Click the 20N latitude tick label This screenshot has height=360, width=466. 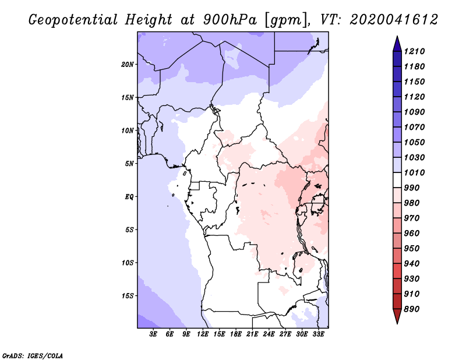pyautogui.click(x=128, y=65)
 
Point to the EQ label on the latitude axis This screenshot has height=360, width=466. pyautogui.click(x=129, y=197)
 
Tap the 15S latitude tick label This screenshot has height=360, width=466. pyautogui.click(x=128, y=296)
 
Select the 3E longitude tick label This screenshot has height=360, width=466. pyautogui.click(x=153, y=334)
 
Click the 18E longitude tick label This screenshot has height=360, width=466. pyautogui.click(x=236, y=334)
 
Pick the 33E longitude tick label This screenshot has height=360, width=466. pyautogui.click(x=318, y=334)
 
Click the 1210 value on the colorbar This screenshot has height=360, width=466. pyautogui.click(x=414, y=51)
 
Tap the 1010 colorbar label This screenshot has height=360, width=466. pyautogui.click(x=414, y=172)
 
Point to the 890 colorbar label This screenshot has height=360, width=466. pyautogui.click(x=412, y=309)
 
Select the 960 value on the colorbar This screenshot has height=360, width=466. pyautogui.click(x=412, y=234)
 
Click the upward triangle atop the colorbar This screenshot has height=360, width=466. pyautogui.click(x=397, y=44)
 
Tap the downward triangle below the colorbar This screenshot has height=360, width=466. pyautogui.click(x=397, y=316)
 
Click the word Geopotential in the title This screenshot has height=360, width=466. pyautogui.click(x=73, y=20)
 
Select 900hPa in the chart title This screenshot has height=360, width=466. pyautogui.click(x=230, y=20)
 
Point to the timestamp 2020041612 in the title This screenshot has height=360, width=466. pyautogui.click(x=394, y=20)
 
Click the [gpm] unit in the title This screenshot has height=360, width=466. pyautogui.click(x=285, y=20)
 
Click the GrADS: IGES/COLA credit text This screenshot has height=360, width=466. pyautogui.click(x=33, y=356)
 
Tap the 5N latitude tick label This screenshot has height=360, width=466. pyautogui.click(x=129, y=164)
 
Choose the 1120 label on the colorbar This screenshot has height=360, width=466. pyautogui.click(x=414, y=97)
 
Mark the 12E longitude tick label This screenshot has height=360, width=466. pyautogui.click(x=203, y=334)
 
